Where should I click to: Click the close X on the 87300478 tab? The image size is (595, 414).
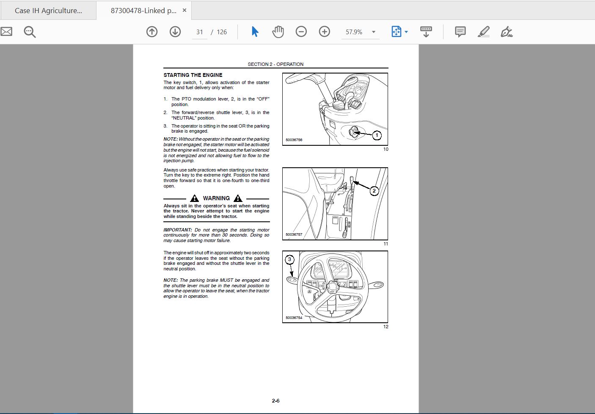185,10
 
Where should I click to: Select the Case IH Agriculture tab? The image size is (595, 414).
48,11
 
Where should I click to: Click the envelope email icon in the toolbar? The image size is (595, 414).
6,32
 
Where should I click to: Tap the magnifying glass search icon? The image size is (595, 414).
30,32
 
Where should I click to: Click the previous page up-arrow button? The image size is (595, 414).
152,32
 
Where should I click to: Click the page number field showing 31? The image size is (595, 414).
199,32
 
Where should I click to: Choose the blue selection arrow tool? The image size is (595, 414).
255,32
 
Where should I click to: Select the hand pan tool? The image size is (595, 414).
278,32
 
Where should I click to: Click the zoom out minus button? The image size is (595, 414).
301,32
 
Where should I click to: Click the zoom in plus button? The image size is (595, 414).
324,32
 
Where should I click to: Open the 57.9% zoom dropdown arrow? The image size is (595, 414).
374,32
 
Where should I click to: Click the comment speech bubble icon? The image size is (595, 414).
460,32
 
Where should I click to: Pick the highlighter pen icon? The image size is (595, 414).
483,32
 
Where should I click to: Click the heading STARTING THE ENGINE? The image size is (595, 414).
193,75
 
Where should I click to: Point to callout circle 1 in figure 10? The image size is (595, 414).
377,136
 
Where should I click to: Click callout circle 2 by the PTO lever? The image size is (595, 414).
374,191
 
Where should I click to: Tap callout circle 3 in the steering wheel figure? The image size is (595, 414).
289,259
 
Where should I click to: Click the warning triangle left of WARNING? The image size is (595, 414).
194,198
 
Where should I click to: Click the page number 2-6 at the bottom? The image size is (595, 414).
276,401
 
